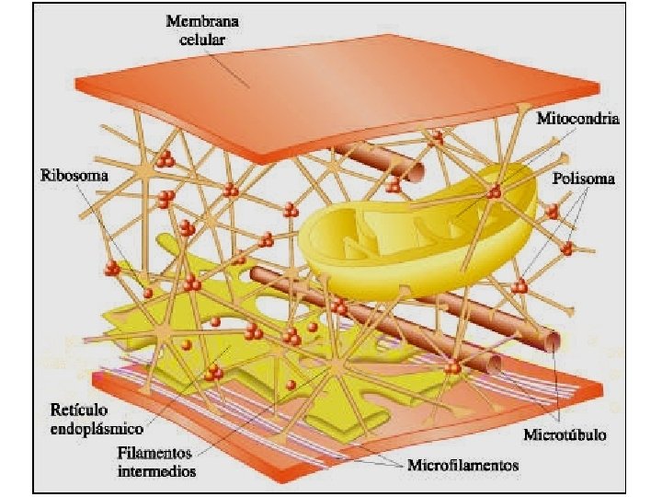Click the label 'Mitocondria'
577,120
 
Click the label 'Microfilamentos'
463,464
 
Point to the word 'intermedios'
157,470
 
